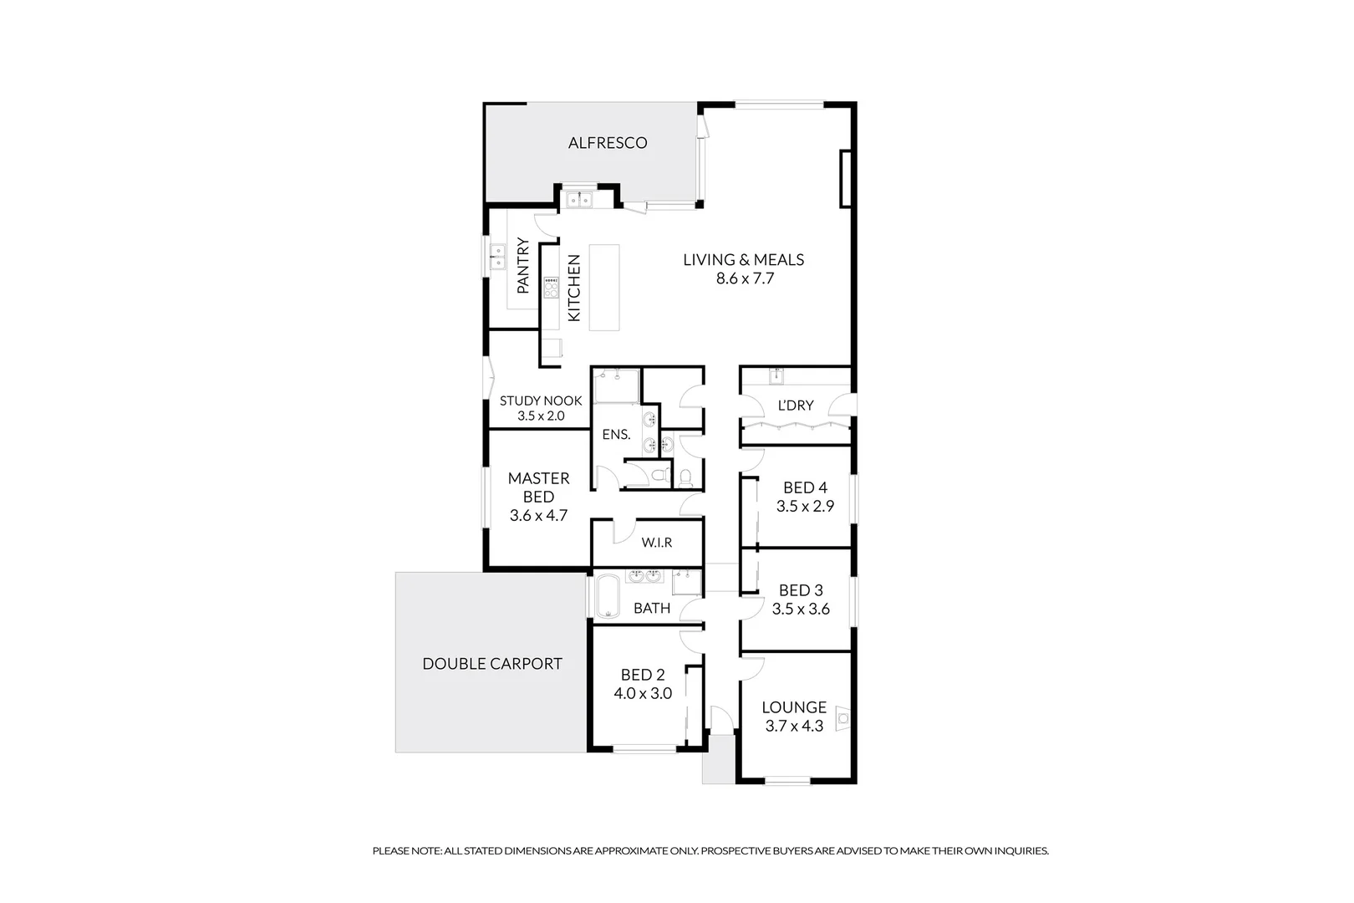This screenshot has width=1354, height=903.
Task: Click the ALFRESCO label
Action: tap(608, 143)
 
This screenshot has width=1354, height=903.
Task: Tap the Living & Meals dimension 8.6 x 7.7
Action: tap(745, 278)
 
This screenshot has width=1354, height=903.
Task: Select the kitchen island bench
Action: tap(604, 287)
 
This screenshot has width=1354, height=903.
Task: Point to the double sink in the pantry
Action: tap(498, 256)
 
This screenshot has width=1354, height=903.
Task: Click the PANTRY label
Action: tap(523, 266)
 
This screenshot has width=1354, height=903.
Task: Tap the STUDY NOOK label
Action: tap(540, 400)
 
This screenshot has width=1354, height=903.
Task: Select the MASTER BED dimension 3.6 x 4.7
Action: tap(538, 516)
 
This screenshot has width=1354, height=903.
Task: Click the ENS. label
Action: tap(616, 435)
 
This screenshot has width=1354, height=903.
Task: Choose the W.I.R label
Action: tap(657, 543)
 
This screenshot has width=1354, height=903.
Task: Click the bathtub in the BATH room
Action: tap(604, 595)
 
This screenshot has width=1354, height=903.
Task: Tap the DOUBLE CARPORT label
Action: tap(491, 664)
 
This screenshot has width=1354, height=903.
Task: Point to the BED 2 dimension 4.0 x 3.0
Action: tap(643, 693)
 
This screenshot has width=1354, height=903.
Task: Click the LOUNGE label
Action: tap(794, 707)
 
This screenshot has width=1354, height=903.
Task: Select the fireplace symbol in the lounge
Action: tap(842, 717)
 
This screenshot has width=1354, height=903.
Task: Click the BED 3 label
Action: tap(801, 590)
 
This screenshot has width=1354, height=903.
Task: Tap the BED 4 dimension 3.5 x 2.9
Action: tap(804, 506)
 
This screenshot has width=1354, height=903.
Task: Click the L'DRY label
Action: tap(795, 406)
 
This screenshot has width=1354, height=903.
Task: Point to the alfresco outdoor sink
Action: tap(578, 199)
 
